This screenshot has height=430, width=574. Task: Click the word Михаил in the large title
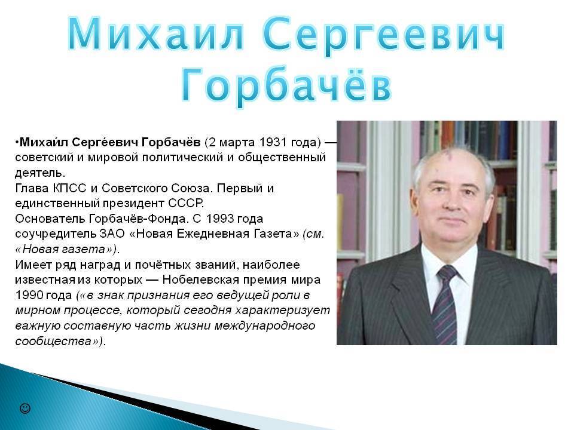tap(156, 34)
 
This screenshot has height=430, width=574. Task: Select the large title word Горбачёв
tap(286, 84)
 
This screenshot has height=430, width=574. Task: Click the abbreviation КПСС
tap(69, 188)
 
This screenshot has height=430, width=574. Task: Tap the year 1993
tap(219, 219)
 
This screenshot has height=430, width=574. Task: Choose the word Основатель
tap(50, 219)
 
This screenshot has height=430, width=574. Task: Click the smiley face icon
tap(25, 408)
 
